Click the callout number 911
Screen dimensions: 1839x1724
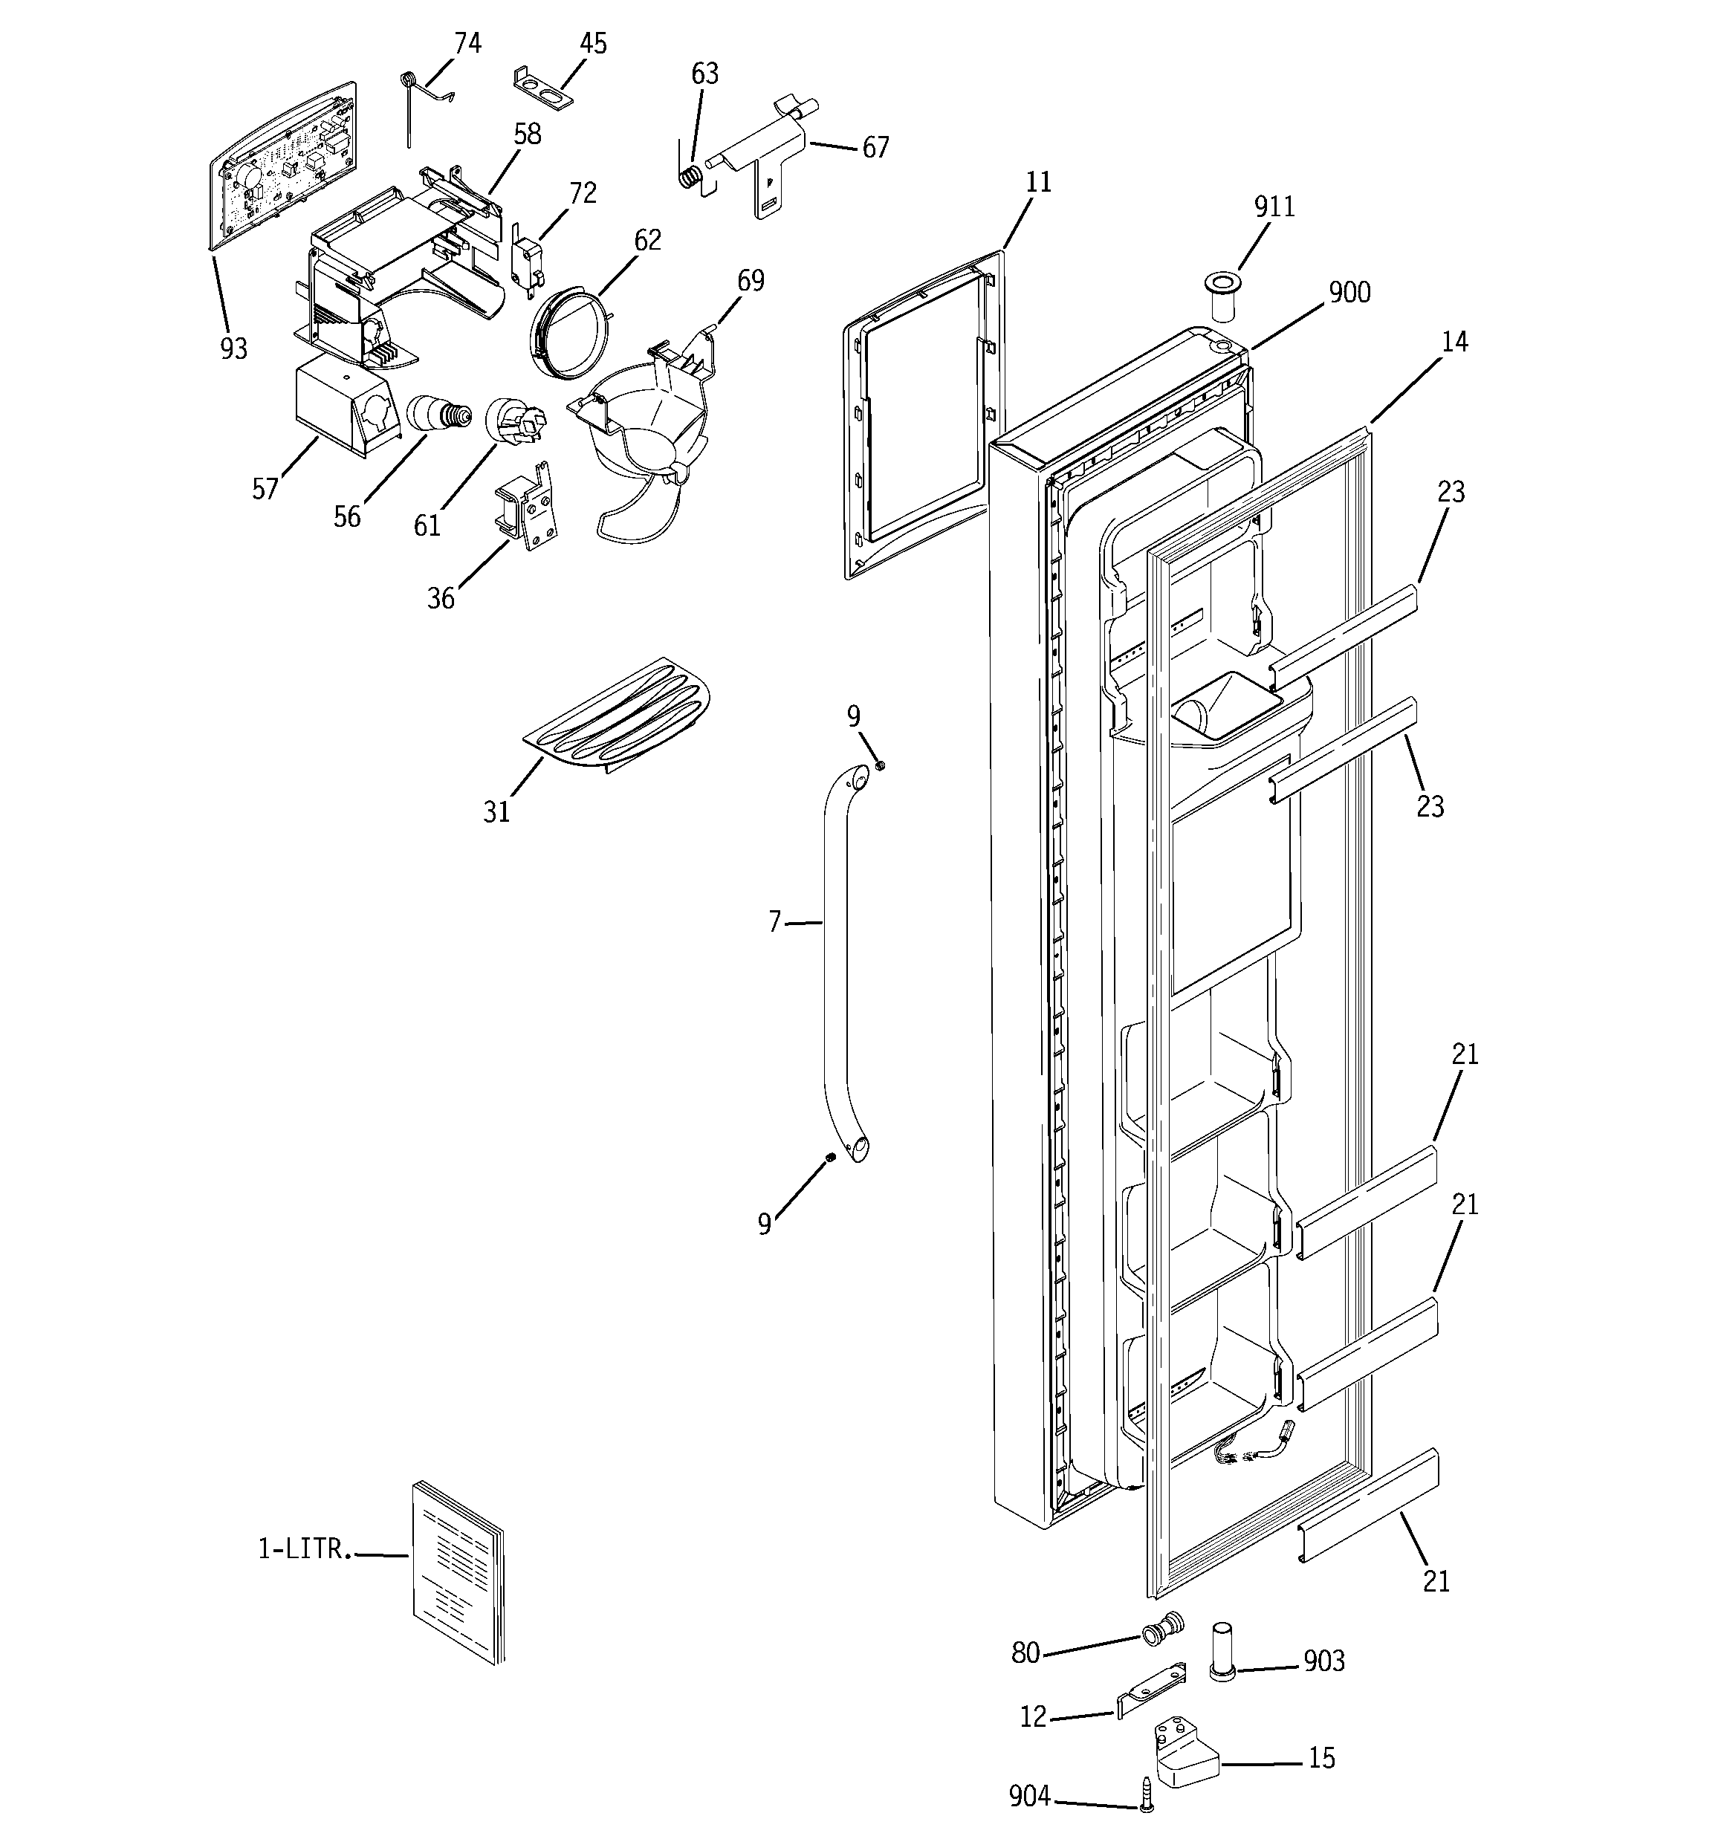pos(1274,207)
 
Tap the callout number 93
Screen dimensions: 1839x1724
pos(233,348)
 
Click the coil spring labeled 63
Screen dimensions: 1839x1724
pos(690,177)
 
